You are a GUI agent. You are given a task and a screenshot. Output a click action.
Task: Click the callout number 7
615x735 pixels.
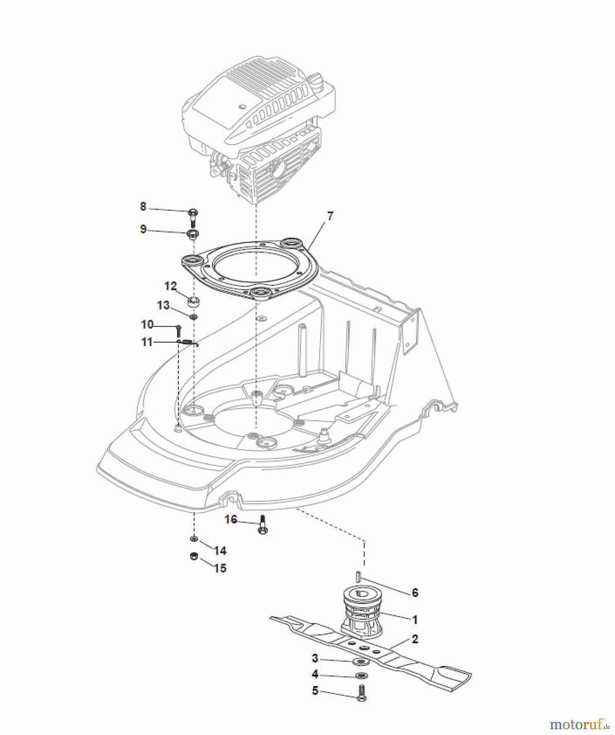[330, 216]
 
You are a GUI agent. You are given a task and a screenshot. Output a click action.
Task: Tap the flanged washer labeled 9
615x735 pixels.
[192, 234]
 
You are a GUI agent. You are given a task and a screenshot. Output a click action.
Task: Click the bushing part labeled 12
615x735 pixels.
[194, 303]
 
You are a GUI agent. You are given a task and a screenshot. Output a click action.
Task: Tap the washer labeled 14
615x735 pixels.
[194, 539]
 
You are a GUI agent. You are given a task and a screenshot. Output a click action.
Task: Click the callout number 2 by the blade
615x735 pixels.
[415, 639]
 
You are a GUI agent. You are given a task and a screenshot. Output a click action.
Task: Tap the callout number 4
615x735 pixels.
[315, 675]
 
